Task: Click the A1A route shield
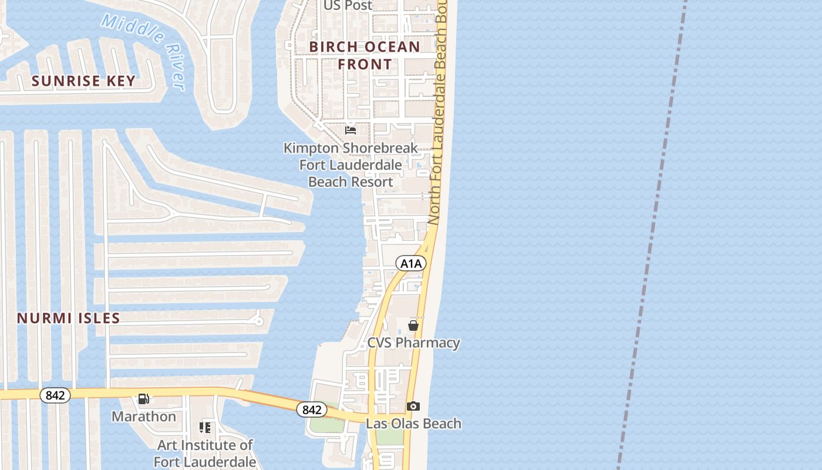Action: pyautogui.click(x=410, y=263)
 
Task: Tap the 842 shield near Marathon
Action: pyautogui.click(x=55, y=395)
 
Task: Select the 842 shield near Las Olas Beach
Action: pyautogui.click(x=311, y=409)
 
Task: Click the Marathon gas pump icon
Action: pyautogui.click(x=143, y=399)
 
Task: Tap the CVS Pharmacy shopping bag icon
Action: pyautogui.click(x=413, y=325)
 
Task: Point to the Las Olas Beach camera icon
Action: pyautogui.click(x=413, y=407)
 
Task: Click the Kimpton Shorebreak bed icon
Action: pyautogui.click(x=351, y=130)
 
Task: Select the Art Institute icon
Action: pyautogui.click(x=205, y=428)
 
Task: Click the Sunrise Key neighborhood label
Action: pyautogui.click(x=83, y=81)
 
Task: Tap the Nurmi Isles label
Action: pyautogui.click(x=69, y=318)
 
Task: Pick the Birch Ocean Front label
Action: pyautogui.click(x=365, y=55)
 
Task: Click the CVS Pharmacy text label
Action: pyautogui.click(x=413, y=343)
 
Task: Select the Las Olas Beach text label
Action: pyautogui.click(x=413, y=424)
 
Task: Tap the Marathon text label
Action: pyautogui.click(x=144, y=417)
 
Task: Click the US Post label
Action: pyautogui.click(x=348, y=5)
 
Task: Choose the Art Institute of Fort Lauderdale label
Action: pyautogui.click(x=205, y=453)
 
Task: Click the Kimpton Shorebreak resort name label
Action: pyautogui.click(x=351, y=164)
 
